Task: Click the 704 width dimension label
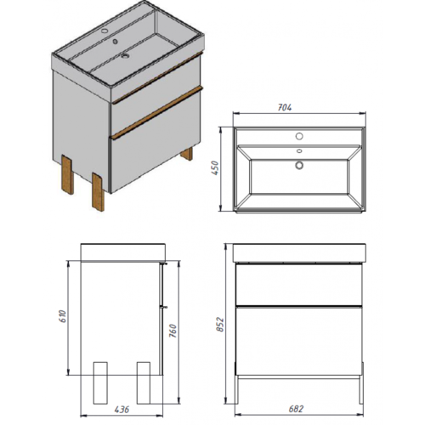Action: pos(284,108)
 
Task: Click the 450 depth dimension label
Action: pos(216,168)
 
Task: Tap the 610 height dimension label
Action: pos(62,316)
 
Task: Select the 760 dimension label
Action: pos(173,331)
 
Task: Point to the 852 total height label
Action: pos(220,325)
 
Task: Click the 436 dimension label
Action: pos(122,410)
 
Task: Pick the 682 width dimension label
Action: pos(296,409)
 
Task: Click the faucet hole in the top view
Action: pos(299,136)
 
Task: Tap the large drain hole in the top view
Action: pos(299,165)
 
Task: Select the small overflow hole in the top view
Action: pos(299,151)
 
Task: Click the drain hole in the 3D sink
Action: pos(125,56)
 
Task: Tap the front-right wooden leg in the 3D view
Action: pos(98,192)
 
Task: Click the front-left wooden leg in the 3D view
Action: pos(68,174)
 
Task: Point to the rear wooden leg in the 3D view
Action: pos(187,154)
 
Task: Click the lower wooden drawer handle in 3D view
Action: pos(157,113)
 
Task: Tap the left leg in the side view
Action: pos(100,382)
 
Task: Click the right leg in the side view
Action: pos(144,382)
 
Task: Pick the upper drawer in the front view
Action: pos(299,285)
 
